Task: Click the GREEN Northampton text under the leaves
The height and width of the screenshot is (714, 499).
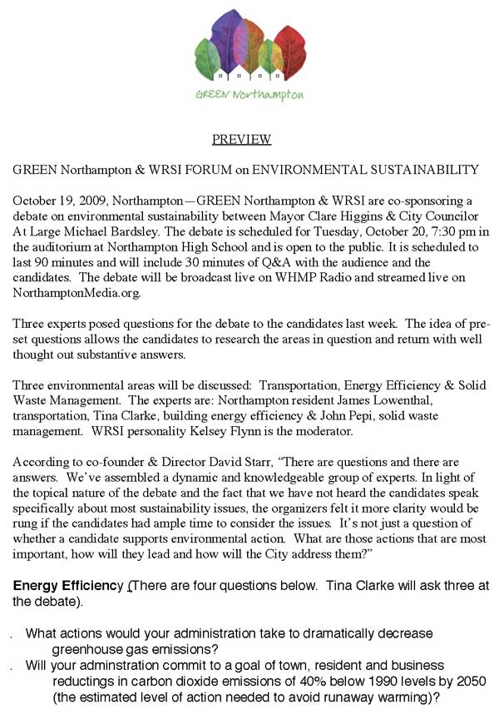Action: (249, 94)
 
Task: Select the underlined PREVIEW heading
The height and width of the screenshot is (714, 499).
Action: (241, 139)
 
